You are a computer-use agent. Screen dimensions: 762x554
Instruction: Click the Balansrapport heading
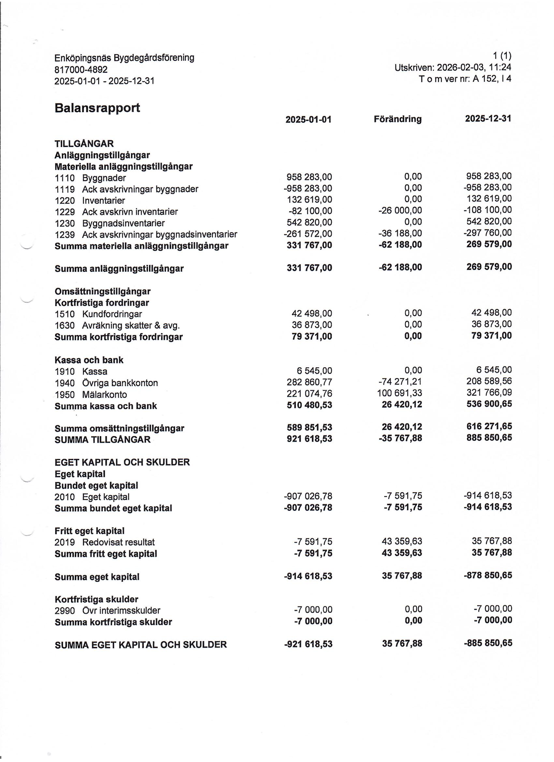[x=97, y=108]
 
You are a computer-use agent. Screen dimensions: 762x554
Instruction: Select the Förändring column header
[x=397, y=119]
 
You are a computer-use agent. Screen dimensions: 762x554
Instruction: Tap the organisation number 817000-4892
[x=81, y=70]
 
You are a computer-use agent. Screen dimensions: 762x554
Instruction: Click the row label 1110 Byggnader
[x=90, y=178]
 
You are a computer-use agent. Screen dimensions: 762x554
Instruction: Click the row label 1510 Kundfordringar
[x=98, y=314]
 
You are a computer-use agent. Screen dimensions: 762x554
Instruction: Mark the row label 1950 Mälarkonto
[x=91, y=394]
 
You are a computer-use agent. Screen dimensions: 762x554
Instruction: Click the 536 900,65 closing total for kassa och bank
[x=489, y=404]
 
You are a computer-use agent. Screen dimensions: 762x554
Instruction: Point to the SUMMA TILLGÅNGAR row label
[x=103, y=440]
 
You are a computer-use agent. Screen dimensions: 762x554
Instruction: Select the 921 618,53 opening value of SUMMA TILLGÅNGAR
[x=309, y=439]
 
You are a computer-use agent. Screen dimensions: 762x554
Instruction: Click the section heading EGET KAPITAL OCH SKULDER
[x=122, y=462]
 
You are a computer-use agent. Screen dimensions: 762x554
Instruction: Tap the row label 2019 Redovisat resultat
[x=105, y=542]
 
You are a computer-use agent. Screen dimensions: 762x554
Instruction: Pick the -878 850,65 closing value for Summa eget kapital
[x=487, y=576]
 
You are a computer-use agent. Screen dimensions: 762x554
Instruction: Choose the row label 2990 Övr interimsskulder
[x=108, y=611]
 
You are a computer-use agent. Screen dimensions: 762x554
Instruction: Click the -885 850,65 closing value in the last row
[x=488, y=643]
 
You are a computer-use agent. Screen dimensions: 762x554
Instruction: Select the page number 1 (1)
[x=502, y=56]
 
